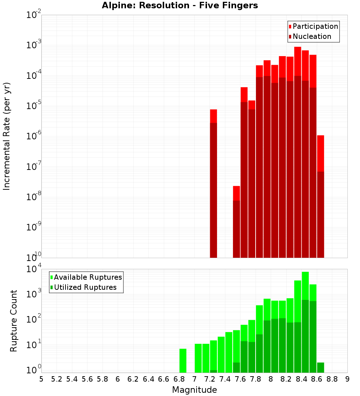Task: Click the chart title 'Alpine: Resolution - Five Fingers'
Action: tap(180, 6)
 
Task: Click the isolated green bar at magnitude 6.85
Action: tap(183, 360)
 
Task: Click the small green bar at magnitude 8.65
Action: tap(320, 368)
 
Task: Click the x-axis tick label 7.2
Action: tap(210, 379)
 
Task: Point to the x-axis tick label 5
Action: tap(41, 379)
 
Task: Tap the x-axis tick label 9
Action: tap(347, 379)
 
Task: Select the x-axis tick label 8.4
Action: tap(301, 379)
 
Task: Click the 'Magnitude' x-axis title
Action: tap(194, 390)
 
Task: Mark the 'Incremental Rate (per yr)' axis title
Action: tap(7, 136)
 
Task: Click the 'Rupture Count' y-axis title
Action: tap(14, 320)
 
